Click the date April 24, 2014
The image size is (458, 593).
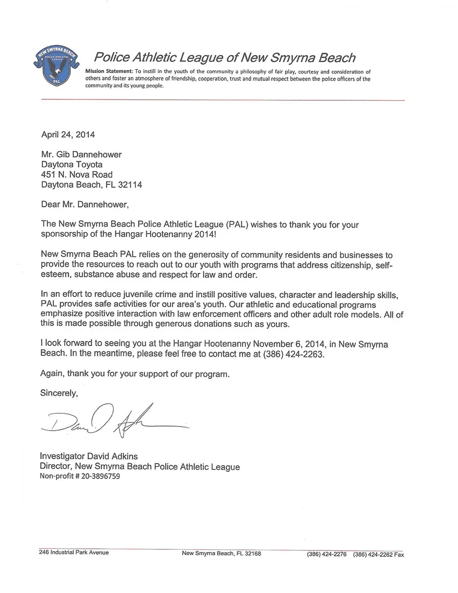coord(67,135)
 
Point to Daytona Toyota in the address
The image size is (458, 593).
coord(72,164)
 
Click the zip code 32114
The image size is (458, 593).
coord(129,185)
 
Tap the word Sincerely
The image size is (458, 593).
coord(59,393)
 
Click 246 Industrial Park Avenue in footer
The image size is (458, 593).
coord(74,552)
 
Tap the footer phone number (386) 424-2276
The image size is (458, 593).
coord(327,555)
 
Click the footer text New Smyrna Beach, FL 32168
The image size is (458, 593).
coord(221,554)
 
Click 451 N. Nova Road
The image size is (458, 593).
coord(76,175)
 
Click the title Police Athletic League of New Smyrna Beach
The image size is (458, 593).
coord(225,57)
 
